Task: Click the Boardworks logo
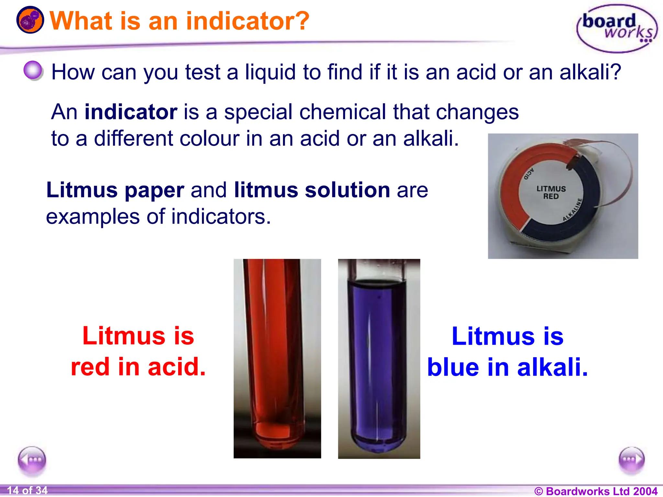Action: click(617, 28)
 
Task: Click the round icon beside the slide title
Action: click(30, 20)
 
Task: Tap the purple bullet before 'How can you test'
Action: click(33, 70)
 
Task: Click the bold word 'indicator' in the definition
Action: click(131, 112)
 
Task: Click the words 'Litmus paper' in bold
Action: click(115, 190)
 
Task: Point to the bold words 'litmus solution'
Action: click(312, 190)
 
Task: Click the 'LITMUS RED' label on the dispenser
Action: click(551, 192)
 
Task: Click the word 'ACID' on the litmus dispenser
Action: click(529, 173)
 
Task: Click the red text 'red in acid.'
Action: click(138, 367)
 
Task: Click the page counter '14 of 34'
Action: click(27, 491)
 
